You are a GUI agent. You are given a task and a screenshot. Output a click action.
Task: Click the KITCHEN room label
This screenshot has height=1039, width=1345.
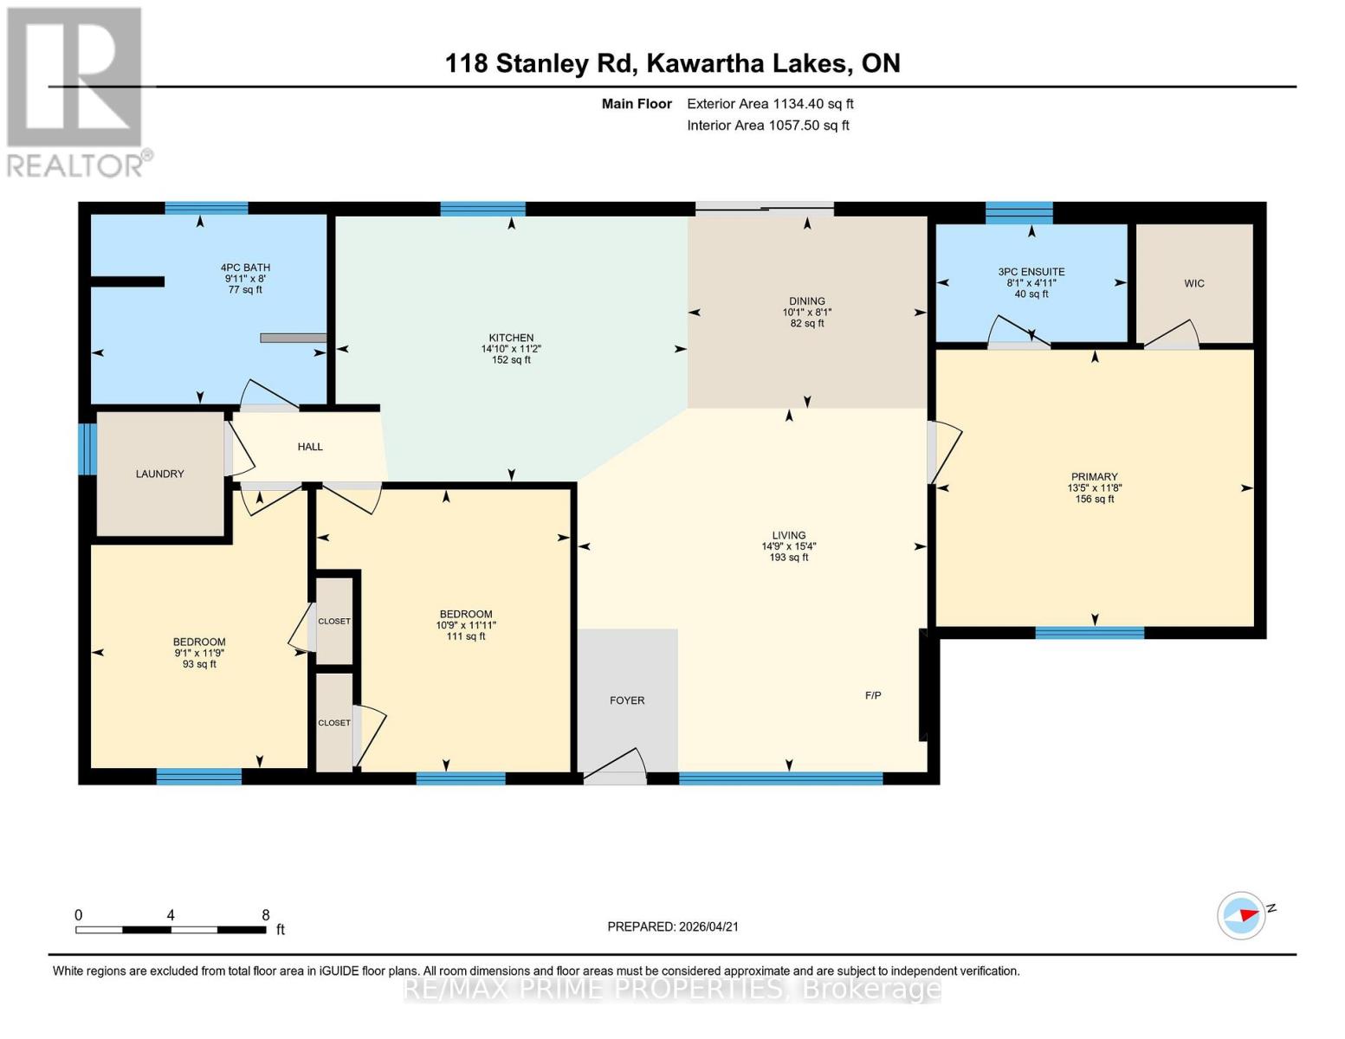[x=511, y=338]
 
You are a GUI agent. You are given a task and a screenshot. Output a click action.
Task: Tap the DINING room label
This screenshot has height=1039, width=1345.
[x=806, y=301]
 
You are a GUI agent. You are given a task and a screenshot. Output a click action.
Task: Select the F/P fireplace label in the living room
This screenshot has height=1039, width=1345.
[x=873, y=695]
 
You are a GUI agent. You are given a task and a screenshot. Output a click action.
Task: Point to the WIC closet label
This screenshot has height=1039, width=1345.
[x=1194, y=283]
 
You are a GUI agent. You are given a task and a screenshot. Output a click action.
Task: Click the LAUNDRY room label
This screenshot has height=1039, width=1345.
[x=159, y=474]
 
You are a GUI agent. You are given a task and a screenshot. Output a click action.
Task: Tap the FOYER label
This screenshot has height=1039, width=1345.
[x=627, y=700]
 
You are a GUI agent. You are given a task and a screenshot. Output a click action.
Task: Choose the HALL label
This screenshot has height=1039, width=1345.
[x=310, y=447]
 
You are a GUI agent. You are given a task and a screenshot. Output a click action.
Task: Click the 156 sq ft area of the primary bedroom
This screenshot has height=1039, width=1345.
[x=1094, y=499]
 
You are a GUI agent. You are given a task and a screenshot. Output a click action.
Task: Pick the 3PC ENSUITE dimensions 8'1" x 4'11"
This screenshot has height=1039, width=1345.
[x=1031, y=282]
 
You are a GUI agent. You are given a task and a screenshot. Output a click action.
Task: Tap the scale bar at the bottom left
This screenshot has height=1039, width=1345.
[x=171, y=930]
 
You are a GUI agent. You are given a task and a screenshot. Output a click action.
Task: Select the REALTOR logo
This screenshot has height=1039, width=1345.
[x=76, y=91]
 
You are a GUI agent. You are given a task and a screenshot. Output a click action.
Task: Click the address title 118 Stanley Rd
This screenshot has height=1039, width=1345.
[x=672, y=63]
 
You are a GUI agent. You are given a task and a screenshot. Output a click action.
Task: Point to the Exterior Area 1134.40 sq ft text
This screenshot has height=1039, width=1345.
[x=770, y=104]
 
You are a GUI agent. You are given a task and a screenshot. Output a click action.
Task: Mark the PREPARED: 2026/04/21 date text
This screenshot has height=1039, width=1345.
[x=673, y=926]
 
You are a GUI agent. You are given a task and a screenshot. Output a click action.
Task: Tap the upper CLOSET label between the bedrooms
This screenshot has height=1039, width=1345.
[x=334, y=621]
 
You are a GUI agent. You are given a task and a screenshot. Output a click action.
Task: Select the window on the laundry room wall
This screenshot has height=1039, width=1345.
[x=87, y=449]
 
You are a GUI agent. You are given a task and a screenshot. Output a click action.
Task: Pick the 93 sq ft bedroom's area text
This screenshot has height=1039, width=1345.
[x=199, y=664]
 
